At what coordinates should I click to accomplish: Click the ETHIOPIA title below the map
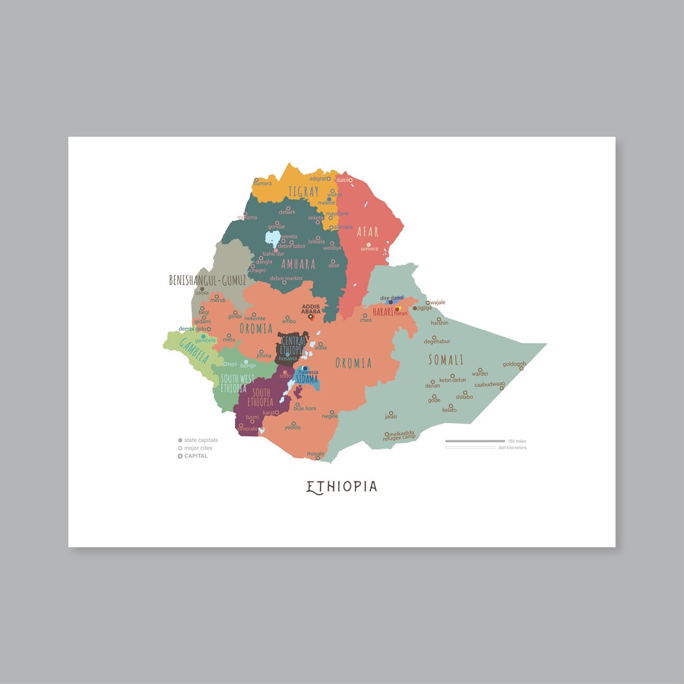click(x=342, y=486)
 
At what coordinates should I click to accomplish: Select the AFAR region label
click(x=368, y=232)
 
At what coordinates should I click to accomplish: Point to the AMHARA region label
click(x=298, y=264)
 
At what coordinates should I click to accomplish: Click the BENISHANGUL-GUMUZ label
click(x=207, y=280)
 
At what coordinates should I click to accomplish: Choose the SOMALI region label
click(x=446, y=360)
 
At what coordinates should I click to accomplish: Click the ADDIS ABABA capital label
click(x=311, y=309)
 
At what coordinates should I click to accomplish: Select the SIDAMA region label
click(x=307, y=379)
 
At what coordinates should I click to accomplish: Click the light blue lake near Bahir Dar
click(x=272, y=240)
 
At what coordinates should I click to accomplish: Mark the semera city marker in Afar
click(x=369, y=244)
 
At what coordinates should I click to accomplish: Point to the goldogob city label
click(x=514, y=364)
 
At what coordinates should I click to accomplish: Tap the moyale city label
click(x=315, y=453)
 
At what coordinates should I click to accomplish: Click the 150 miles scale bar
click(x=475, y=441)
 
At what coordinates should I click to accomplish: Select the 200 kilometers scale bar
click(x=470, y=448)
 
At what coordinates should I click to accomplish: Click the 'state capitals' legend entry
click(x=200, y=440)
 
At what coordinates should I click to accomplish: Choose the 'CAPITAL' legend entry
click(x=195, y=456)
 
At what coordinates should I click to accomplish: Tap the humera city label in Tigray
click(x=262, y=184)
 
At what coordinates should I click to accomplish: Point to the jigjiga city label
click(x=424, y=308)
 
